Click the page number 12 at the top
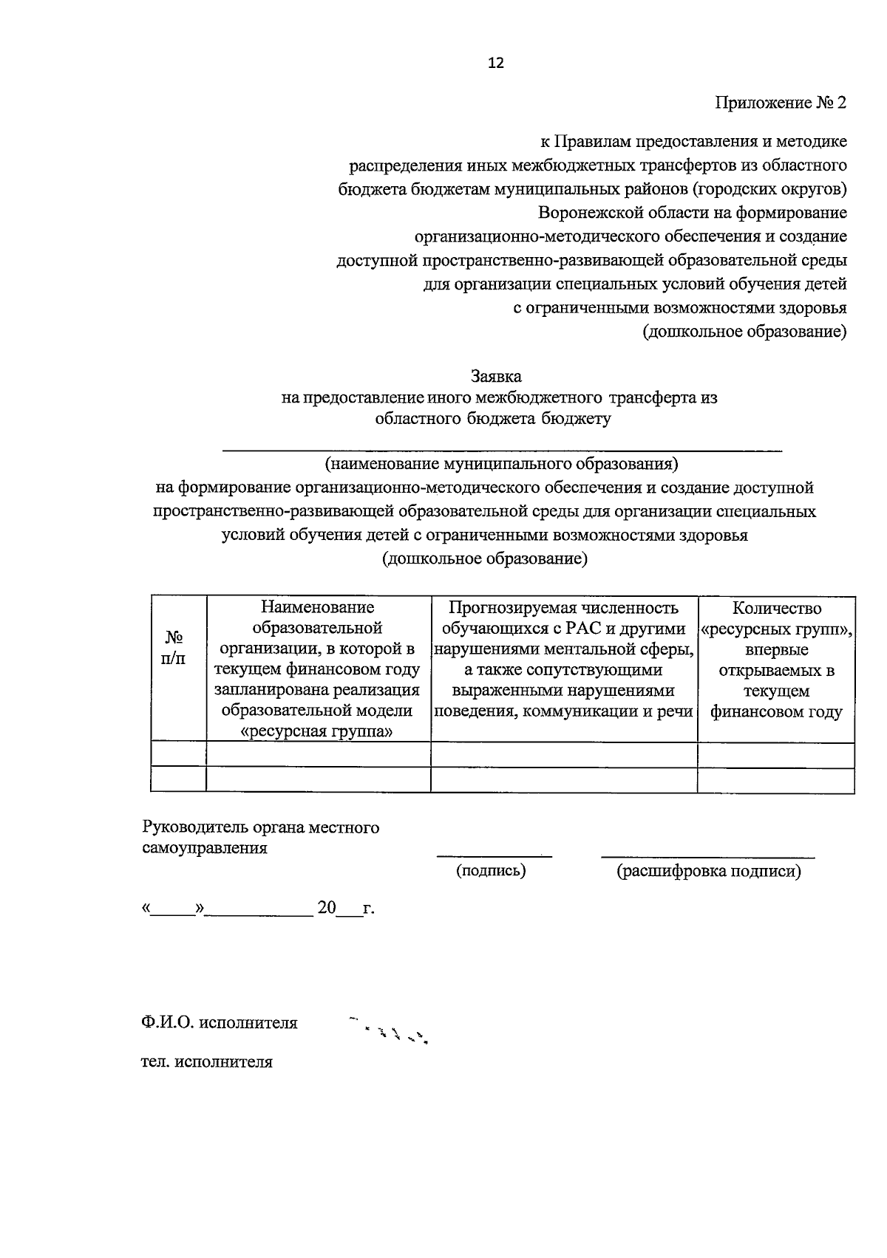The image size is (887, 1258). [495, 64]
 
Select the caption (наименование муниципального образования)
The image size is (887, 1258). [500, 464]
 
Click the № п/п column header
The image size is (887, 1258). [174, 648]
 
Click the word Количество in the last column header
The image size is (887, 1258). [776, 608]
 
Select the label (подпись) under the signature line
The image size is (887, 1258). [491, 871]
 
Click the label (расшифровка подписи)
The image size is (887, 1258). [709, 871]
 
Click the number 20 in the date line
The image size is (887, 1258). [326, 908]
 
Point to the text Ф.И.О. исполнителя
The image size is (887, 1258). [220, 1023]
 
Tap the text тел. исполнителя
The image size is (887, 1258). [207, 1062]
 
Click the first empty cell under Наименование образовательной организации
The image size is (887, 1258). [318, 755]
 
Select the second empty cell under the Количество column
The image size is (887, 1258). [775, 780]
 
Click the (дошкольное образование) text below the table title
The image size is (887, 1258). [484, 559]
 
